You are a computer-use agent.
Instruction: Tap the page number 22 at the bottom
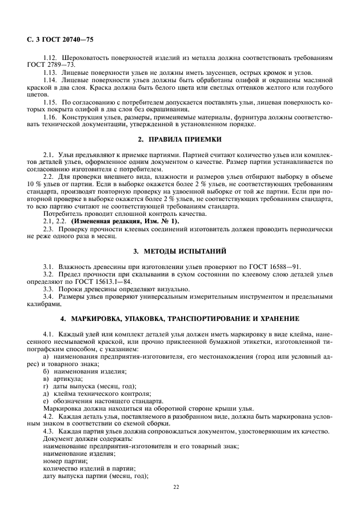click(x=176, y=487)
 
